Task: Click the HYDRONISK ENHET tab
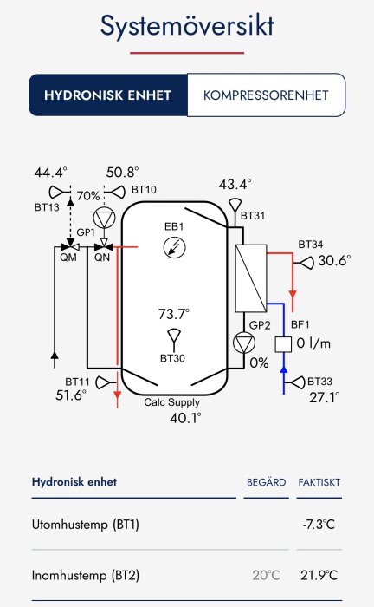(x=108, y=95)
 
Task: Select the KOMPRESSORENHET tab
(x=266, y=95)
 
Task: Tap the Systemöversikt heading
(x=187, y=26)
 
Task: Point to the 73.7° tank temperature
(x=173, y=314)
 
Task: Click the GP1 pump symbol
(x=104, y=217)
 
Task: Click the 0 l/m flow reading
(x=314, y=344)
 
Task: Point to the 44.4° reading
(x=50, y=173)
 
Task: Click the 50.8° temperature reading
(x=122, y=173)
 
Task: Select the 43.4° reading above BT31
(x=235, y=185)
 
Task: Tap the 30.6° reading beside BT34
(x=334, y=260)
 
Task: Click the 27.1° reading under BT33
(x=324, y=398)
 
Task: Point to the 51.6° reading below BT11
(x=71, y=395)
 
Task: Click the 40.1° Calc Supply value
(x=185, y=418)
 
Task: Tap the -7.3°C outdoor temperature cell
(x=315, y=525)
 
